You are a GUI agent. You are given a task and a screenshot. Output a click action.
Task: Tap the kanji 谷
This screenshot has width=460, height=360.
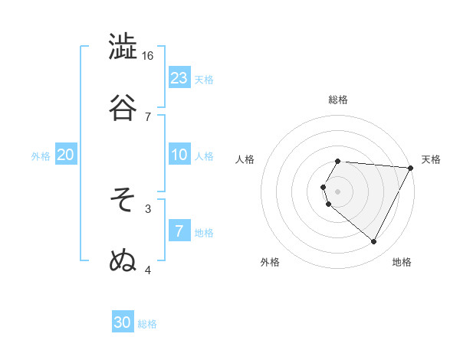123,107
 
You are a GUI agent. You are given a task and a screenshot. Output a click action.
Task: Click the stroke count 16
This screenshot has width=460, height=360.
148,56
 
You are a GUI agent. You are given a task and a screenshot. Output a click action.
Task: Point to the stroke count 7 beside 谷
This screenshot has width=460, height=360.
148,116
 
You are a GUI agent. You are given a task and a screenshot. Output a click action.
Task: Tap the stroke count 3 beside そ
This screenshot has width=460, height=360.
148,208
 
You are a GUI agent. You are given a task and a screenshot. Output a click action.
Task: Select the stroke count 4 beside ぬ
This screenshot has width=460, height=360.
148,270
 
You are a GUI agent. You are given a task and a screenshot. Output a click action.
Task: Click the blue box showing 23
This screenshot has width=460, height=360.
179,77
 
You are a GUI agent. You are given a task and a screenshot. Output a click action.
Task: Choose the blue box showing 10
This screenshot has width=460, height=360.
179,155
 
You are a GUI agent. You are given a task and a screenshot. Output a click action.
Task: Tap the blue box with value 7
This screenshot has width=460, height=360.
179,231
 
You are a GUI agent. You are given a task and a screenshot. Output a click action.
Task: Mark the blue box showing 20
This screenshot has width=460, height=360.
66,155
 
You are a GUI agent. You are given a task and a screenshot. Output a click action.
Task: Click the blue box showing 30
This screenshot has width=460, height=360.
123,322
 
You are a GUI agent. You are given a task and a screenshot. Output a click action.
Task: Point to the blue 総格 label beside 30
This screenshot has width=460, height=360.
147,324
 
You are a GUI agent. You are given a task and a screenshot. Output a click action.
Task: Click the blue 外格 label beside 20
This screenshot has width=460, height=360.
41,156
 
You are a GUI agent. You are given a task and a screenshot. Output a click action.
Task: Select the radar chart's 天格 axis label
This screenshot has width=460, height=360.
431,159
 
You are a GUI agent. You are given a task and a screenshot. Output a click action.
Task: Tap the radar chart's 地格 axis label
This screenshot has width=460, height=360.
402,263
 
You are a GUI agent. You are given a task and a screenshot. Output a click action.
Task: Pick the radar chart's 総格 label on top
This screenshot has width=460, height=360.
338,100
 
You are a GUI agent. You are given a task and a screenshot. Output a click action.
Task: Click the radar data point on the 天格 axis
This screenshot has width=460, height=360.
412,167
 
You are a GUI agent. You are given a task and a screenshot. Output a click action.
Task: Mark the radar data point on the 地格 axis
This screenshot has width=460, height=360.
374,242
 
